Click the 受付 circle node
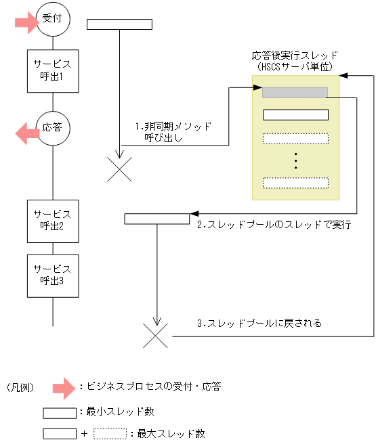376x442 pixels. pyautogui.click(x=53, y=18)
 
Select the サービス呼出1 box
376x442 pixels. pyautogui.click(x=53, y=70)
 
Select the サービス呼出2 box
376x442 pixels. pyautogui.click(x=53, y=221)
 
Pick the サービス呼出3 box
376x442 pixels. pyautogui.click(x=53, y=275)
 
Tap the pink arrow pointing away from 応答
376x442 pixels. pyautogui.click(x=28, y=133)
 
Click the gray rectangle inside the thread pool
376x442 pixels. pyautogui.click(x=295, y=93)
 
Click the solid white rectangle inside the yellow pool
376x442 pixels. pyautogui.click(x=295, y=114)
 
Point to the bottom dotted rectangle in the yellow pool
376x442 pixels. pyautogui.click(x=295, y=183)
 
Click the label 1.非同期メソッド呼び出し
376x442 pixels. pyautogui.click(x=173, y=131)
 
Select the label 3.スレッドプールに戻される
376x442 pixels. pyautogui.click(x=259, y=324)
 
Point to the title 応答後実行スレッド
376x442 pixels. pyautogui.click(x=294, y=55)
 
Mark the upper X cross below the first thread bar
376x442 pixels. pyautogui.click(x=120, y=169)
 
